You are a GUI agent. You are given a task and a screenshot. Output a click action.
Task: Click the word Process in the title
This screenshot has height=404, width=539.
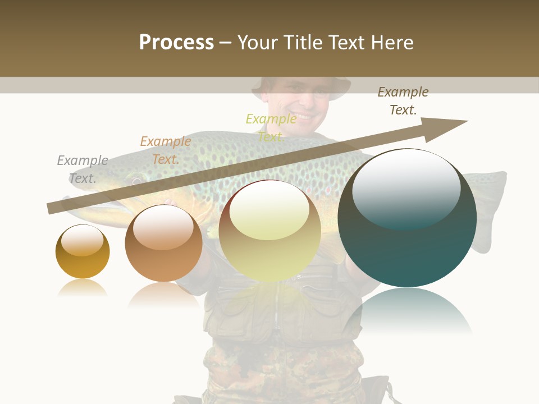click(176, 43)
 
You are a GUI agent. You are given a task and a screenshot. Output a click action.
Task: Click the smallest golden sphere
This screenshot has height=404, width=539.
click(83, 252)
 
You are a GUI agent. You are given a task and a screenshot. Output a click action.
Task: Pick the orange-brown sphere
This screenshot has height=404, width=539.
click(163, 244)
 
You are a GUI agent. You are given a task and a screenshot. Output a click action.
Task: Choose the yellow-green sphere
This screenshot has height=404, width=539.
click(269, 231)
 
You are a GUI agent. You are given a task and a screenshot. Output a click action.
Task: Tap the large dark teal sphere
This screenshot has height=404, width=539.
click(407, 219)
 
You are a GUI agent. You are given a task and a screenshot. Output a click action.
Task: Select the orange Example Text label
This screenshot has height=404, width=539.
click(166, 150)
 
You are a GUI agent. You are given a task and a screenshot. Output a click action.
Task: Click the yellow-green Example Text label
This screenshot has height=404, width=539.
click(271, 127)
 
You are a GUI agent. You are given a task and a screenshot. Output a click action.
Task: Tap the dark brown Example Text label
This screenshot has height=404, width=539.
click(403, 101)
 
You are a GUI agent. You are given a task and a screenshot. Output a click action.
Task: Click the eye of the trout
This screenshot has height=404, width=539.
click(136, 181)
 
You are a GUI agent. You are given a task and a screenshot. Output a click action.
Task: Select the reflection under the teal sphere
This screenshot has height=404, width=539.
click(407, 311)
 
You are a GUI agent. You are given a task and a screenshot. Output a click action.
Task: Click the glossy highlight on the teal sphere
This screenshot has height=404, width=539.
click(406, 188)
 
